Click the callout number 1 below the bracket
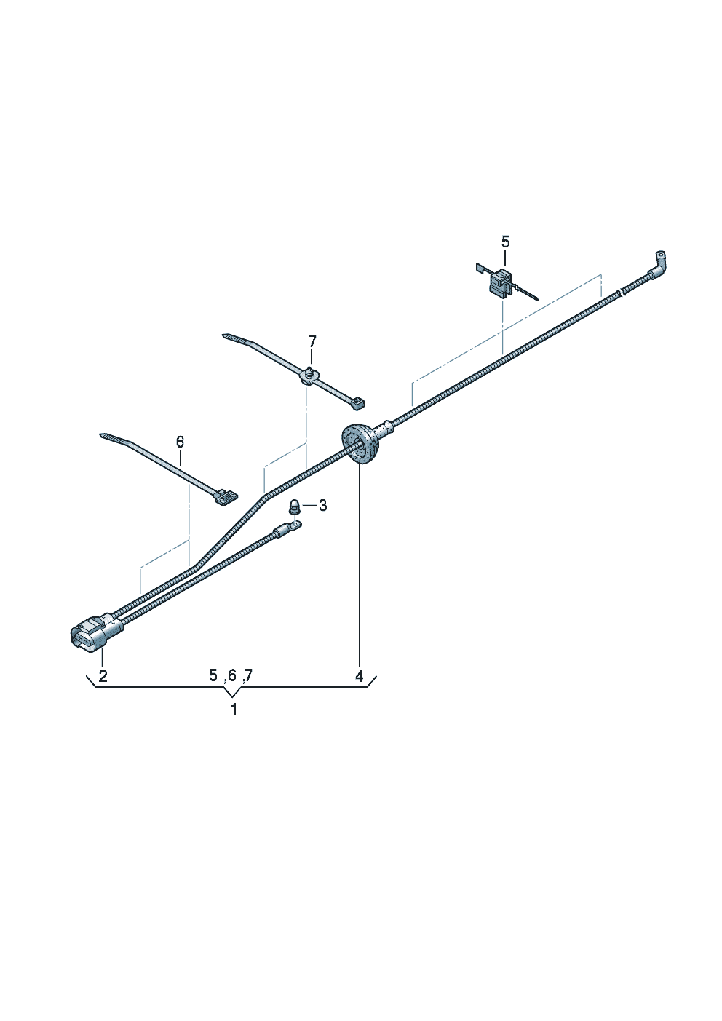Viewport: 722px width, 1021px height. pos(234,710)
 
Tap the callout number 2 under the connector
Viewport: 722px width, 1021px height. pos(103,676)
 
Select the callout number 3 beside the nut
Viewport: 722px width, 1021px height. pos(322,505)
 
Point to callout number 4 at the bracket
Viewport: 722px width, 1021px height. pos(360,676)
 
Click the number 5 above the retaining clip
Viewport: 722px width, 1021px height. pos(506,242)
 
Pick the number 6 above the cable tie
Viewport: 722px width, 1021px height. pos(180,441)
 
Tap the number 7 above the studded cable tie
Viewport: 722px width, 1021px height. pos(312,341)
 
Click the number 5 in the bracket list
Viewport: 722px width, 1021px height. pos(213,675)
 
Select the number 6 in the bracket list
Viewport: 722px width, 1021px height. pos(232,675)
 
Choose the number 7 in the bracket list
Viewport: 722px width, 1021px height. pos(248,675)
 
